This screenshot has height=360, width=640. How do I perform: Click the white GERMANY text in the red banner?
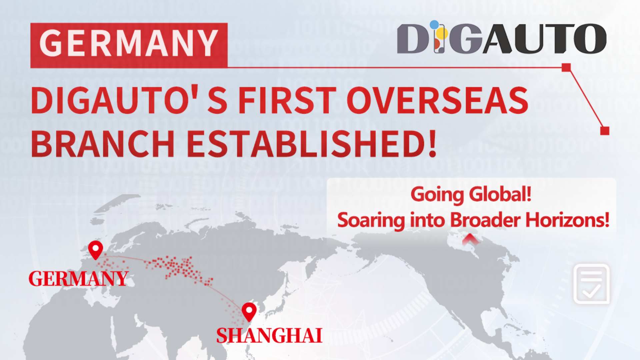click(129, 43)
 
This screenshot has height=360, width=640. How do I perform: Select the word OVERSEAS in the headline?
click(438, 100)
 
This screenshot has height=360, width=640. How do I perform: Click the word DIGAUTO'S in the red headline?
click(130, 100)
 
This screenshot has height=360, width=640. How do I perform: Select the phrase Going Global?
click(471, 194)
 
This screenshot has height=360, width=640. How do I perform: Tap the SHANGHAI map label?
click(269, 335)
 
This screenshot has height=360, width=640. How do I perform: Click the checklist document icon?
click(592, 284)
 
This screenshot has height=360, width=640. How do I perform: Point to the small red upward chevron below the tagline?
click(470, 239)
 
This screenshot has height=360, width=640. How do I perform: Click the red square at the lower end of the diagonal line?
click(605, 131)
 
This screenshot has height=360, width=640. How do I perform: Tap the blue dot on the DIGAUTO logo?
click(434, 24)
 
